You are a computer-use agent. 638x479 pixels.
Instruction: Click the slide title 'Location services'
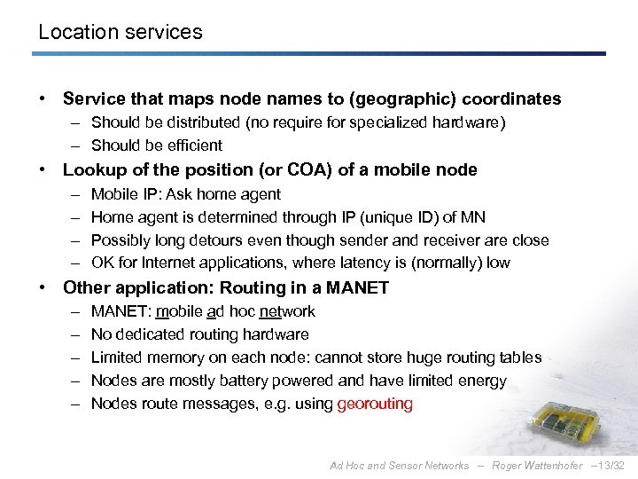[x=121, y=33]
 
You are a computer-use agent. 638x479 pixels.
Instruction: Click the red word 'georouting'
[x=375, y=404]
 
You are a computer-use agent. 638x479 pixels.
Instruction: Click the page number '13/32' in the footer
[x=611, y=466]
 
